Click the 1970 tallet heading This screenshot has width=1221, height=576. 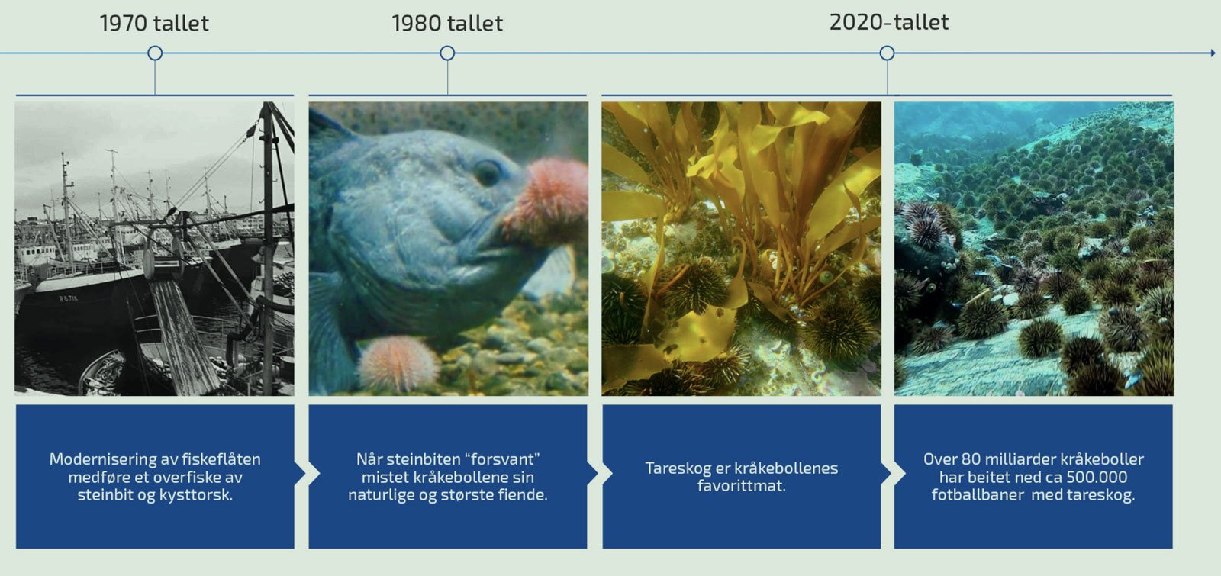[154, 24]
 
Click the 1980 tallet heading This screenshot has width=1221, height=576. [447, 24]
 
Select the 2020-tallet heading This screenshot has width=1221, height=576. [889, 22]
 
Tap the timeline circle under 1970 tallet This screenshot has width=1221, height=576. [155, 53]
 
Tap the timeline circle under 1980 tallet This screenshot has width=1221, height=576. [447, 53]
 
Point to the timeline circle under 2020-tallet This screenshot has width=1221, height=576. [887, 53]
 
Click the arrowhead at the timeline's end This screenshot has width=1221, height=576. [1213, 53]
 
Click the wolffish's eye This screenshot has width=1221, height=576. [486, 172]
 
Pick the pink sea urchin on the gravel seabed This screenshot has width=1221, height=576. [398, 363]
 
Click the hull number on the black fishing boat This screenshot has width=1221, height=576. [68, 298]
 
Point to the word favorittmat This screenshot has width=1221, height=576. [741, 485]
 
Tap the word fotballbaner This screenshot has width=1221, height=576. [978, 495]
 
